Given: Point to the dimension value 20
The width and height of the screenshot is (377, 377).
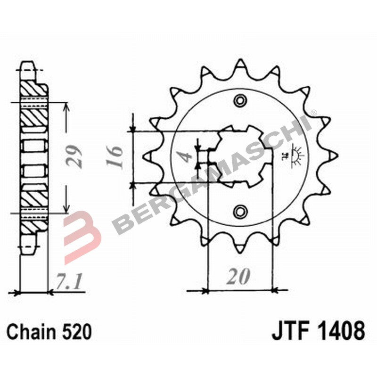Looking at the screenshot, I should [238, 278].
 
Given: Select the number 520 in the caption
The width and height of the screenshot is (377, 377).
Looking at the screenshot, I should [76, 332].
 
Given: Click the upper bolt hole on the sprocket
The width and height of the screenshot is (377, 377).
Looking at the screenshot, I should [240, 100].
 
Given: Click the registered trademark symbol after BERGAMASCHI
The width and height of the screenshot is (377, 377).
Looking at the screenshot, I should [313, 113].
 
